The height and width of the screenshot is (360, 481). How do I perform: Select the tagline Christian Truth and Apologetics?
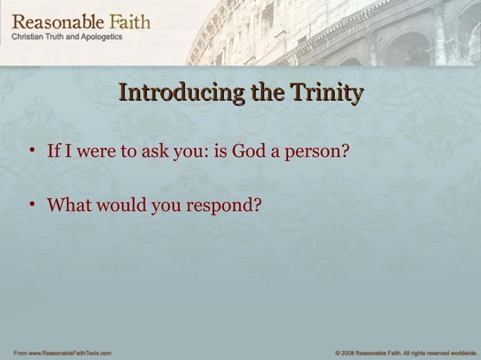click(66, 38)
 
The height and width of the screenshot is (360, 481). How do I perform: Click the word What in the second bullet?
click(66, 204)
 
